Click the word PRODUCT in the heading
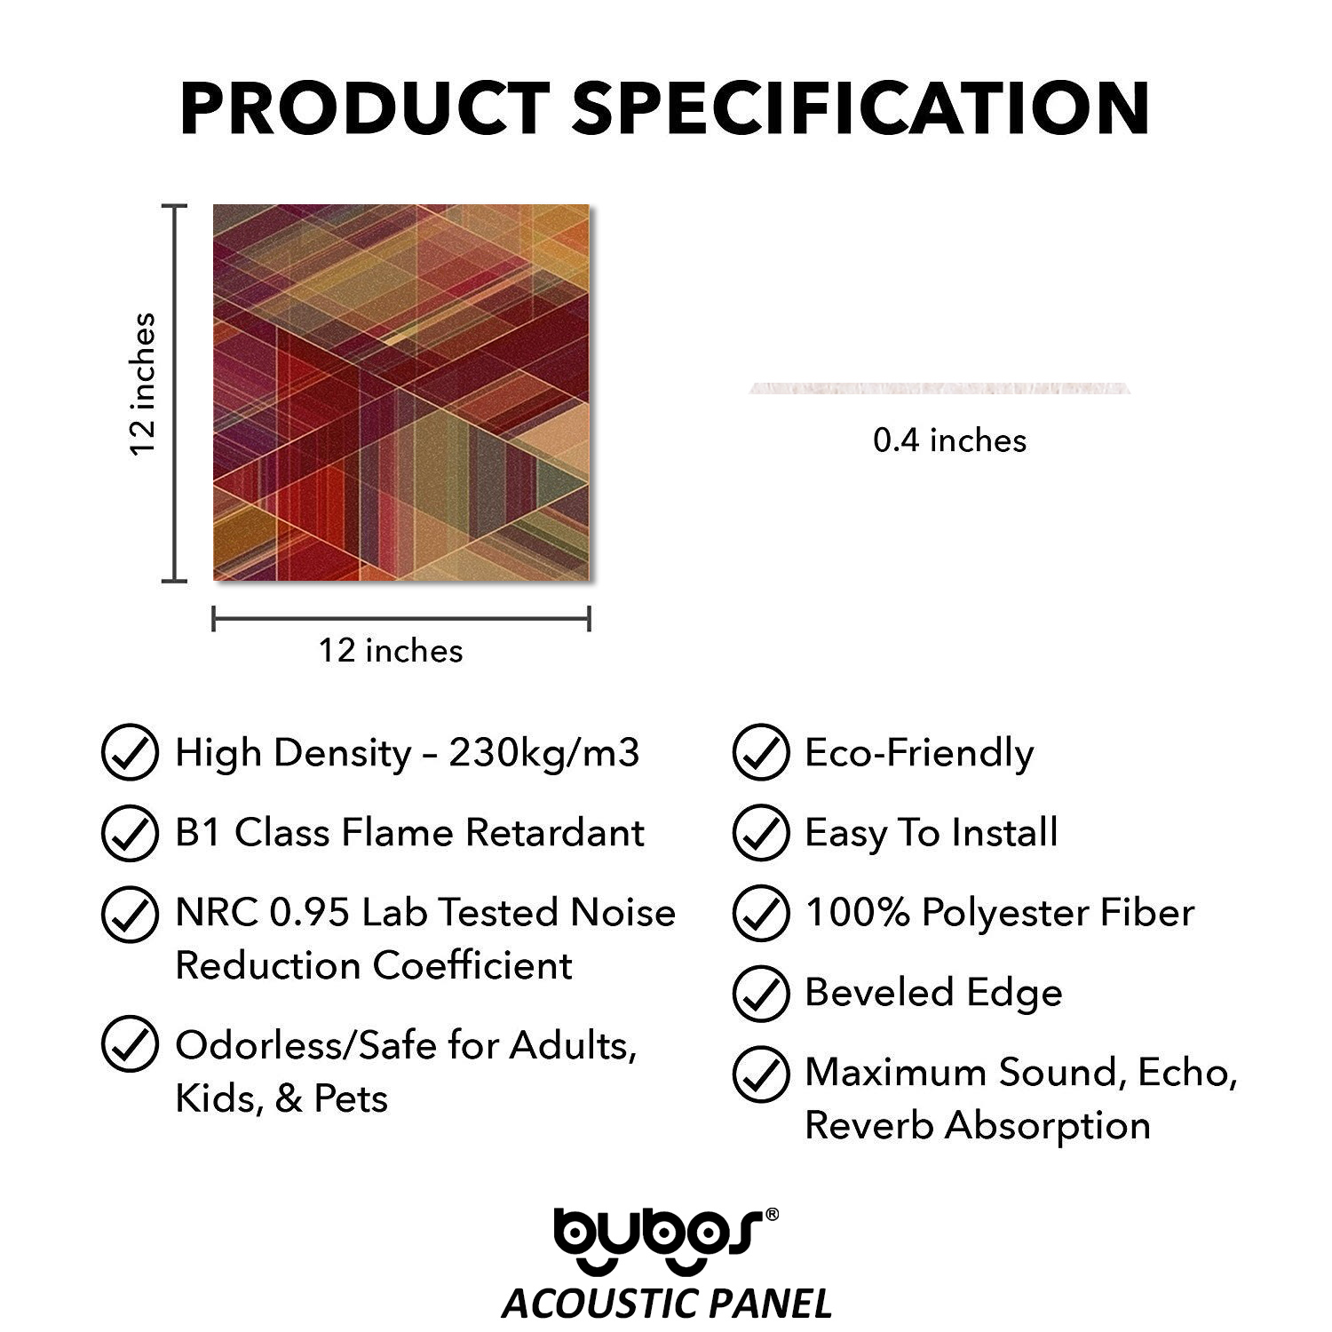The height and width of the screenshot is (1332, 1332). (365, 107)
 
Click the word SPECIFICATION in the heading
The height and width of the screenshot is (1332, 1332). (861, 107)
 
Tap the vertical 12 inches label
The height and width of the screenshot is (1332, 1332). (143, 385)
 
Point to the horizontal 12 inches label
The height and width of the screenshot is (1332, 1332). (391, 651)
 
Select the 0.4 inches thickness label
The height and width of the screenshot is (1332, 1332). (949, 440)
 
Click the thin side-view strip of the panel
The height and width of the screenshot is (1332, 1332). (940, 388)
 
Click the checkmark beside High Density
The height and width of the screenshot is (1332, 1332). (131, 753)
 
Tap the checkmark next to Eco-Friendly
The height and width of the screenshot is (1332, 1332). (761, 753)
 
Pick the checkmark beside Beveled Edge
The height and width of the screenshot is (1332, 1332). (761, 994)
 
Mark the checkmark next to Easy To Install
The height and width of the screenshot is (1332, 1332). (761, 833)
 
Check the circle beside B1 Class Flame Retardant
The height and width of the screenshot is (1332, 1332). (131, 833)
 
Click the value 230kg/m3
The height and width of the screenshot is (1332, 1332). (543, 753)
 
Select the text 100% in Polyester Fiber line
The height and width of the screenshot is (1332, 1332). (857, 913)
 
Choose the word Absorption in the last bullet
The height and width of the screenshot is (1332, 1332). (1047, 1126)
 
